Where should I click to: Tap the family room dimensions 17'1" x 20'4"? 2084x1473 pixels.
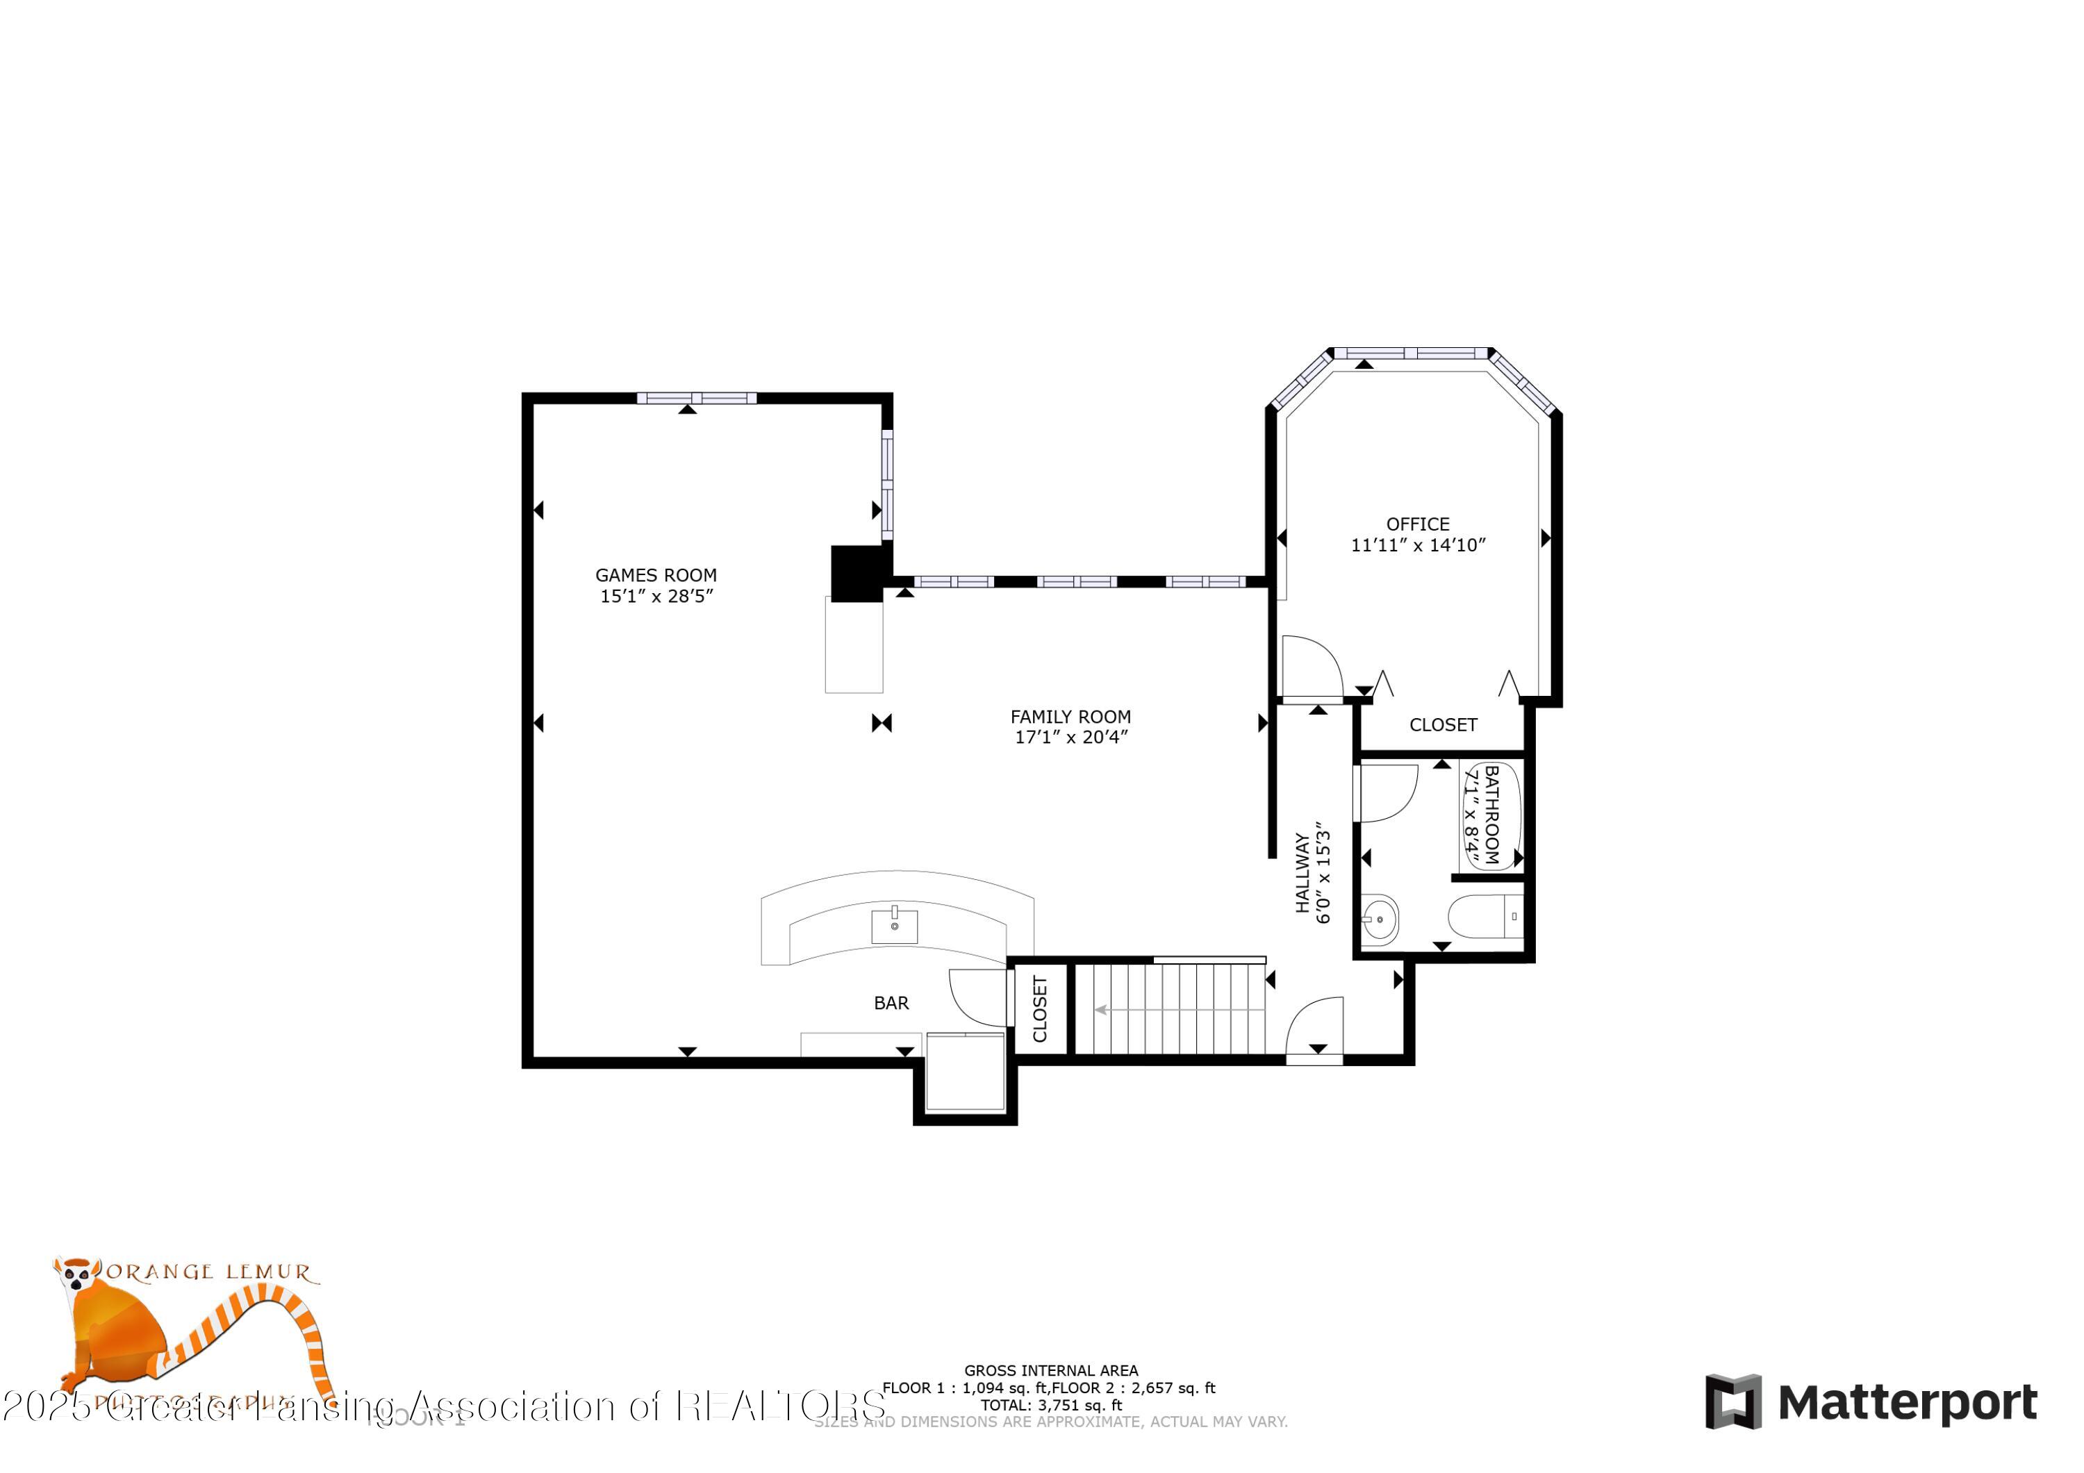1070,737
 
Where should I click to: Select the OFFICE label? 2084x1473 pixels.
1417,524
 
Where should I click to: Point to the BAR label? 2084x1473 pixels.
891,1003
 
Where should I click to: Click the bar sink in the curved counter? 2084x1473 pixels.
894,926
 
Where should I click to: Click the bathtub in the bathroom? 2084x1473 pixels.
1491,816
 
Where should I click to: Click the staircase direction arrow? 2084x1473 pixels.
1103,1009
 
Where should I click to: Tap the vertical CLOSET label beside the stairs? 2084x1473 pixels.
1040,1009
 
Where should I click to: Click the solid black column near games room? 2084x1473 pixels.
857,573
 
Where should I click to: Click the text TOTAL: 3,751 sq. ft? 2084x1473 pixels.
1050,1406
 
